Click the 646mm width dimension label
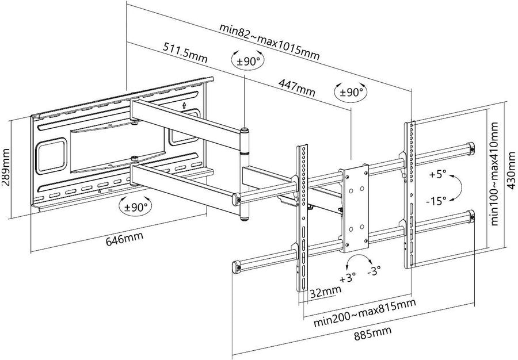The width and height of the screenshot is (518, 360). tap(124, 238)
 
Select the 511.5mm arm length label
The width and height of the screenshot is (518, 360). tap(185, 52)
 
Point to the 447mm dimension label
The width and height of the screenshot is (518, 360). tap(296, 87)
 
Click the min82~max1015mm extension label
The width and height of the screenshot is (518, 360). tap(269, 41)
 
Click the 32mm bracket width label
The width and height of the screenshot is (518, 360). tap(325, 291)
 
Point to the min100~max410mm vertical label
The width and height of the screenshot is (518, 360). tap(494, 174)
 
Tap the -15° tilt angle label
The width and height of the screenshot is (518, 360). tap(436, 200)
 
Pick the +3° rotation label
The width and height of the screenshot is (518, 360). tap(348, 278)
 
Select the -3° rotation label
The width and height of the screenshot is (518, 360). tap(374, 271)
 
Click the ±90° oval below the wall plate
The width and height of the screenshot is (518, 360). tap(135, 206)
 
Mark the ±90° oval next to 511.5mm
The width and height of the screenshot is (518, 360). tap(247, 60)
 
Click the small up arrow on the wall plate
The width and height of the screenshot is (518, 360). tap(184, 106)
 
